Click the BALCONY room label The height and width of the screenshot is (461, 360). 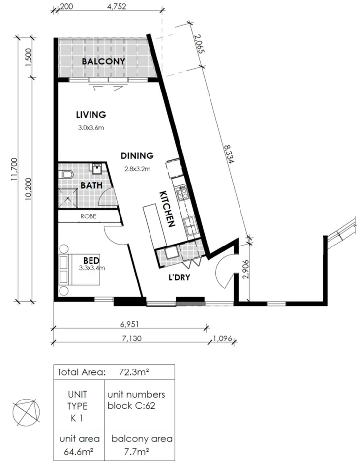[103, 61]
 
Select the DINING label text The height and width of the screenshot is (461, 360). [137, 156]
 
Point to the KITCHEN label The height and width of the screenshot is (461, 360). [167, 209]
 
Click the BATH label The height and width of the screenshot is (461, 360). [92, 185]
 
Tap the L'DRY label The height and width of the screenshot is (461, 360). [179, 277]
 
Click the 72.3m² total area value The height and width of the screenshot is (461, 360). [134, 372]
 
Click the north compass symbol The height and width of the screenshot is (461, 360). [27, 410]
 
